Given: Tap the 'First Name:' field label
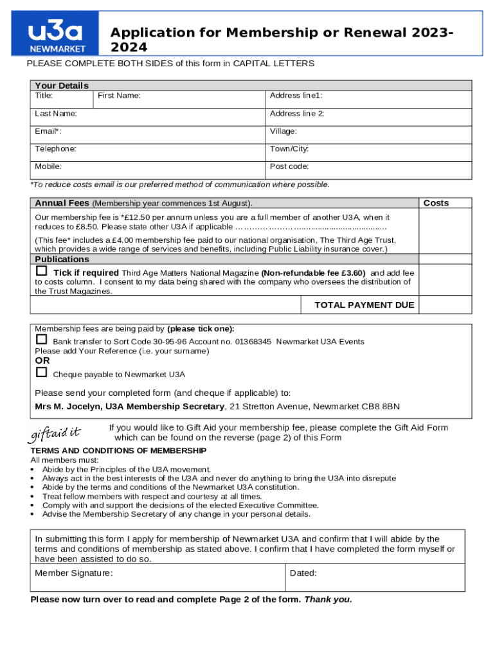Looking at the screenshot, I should [118, 96].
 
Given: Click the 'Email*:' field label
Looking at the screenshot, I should [48, 131].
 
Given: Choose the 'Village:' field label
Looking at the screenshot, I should [283, 131].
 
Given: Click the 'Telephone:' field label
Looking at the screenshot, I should [55, 148].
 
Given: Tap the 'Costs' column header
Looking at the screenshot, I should [436, 203].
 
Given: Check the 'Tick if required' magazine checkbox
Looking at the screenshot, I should [42, 271].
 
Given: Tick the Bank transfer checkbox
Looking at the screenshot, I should [42, 339].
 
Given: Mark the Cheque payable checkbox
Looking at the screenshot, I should [42, 372].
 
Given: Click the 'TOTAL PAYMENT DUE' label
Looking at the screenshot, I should [364, 305].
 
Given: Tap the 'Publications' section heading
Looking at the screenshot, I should [62, 259].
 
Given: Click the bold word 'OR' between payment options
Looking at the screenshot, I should [42, 360].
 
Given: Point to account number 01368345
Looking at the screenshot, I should [253, 342].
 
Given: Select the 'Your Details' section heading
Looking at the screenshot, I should [62, 85].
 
